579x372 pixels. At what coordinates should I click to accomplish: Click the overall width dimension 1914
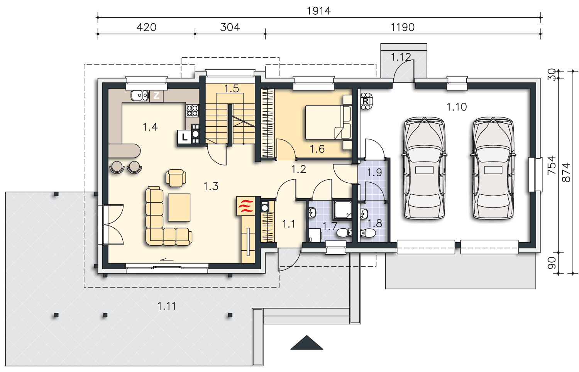319,11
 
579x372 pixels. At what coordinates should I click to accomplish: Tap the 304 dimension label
230,27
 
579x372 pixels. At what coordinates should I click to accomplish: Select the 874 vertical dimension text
566,172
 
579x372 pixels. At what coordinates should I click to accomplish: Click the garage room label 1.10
457,107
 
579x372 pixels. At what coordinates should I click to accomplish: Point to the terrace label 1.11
167,306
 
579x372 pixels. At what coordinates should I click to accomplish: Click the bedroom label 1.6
317,149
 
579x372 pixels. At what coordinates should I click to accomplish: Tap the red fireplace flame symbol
245,206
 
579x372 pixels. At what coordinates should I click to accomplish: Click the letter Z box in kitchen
156,95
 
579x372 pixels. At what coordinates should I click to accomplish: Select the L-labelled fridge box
184,137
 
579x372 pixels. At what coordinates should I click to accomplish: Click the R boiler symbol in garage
366,101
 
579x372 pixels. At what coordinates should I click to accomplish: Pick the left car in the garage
424,168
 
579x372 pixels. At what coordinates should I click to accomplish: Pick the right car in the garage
493,168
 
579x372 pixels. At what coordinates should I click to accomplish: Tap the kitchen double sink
140,95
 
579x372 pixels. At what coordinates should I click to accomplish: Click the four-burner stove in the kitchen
193,110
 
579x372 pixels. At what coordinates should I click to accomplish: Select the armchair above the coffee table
176,178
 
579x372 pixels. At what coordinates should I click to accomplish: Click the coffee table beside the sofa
179,207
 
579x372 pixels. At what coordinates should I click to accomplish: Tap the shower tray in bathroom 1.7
343,209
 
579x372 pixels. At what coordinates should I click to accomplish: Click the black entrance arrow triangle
307,343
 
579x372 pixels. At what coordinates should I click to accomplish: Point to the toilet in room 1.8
367,233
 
